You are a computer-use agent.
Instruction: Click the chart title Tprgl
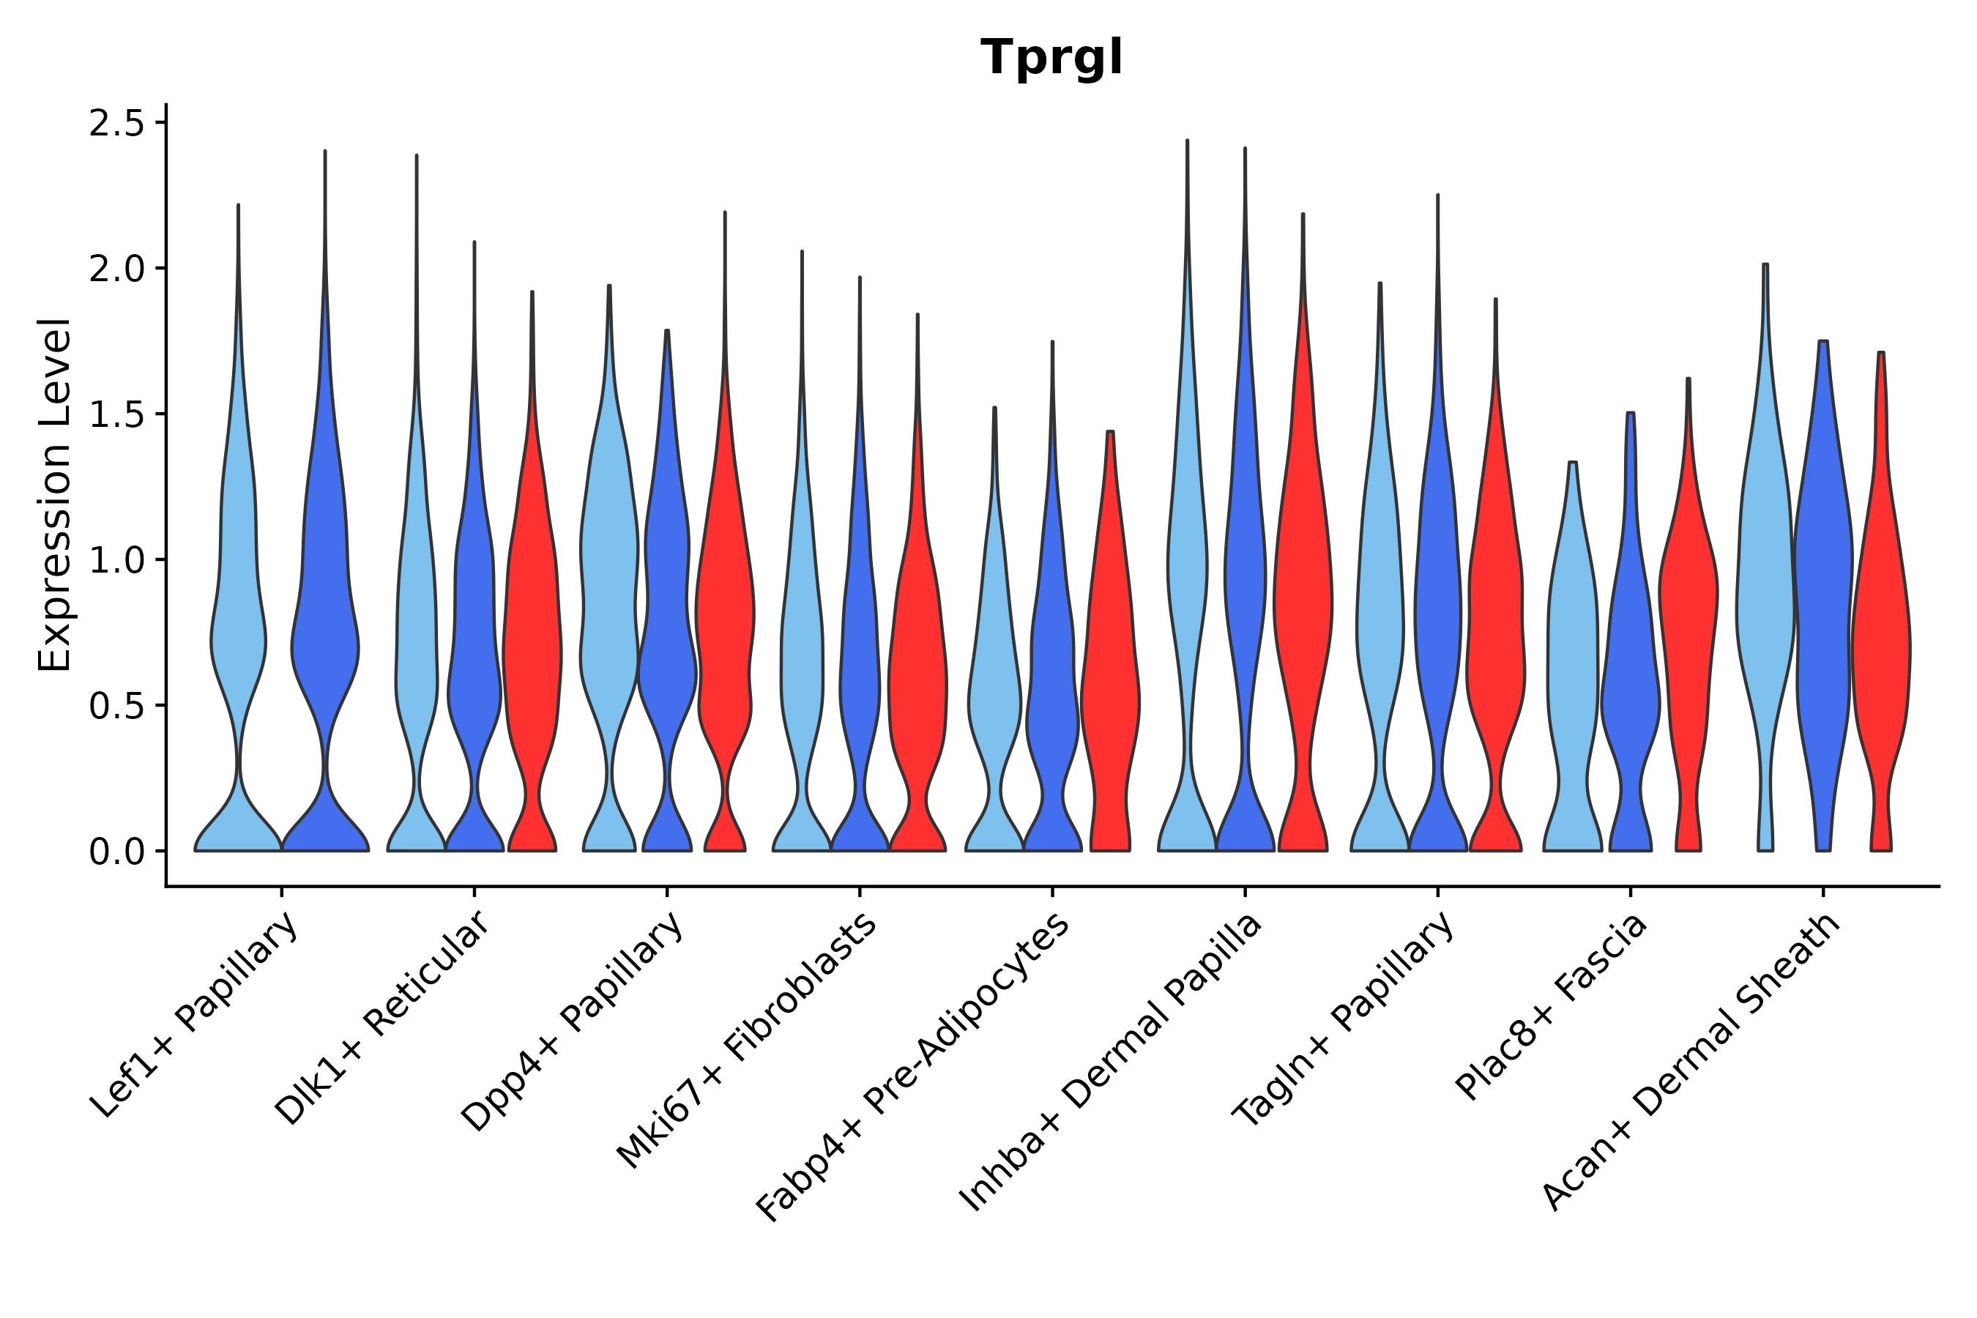[x=1051, y=59]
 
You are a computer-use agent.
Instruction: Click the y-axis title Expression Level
[x=56, y=494]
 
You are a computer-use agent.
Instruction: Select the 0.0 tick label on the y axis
[x=116, y=852]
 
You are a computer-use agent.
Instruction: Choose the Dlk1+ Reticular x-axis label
[x=382, y=1019]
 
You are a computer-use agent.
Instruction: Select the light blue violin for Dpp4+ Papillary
[x=608, y=589]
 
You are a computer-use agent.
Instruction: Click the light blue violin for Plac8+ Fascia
[x=1572, y=655]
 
